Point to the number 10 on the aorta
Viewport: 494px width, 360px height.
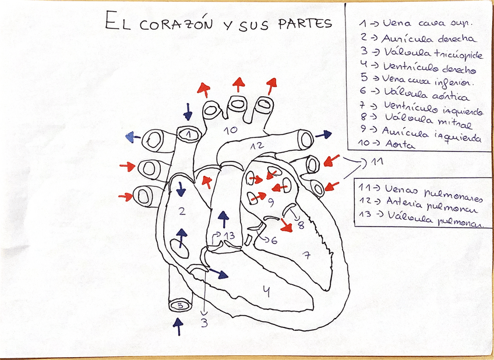click(231, 130)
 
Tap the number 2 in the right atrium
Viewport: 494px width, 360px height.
click(182, 210)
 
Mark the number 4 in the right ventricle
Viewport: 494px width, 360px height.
click(266, 290)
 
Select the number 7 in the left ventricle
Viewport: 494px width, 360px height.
click(306, 254)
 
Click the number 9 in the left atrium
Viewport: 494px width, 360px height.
click(270, 202)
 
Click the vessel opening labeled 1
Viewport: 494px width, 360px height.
click(188, 134)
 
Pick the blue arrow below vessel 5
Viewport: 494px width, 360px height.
click(178, 326)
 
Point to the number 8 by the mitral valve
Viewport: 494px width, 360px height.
click(301, 225)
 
